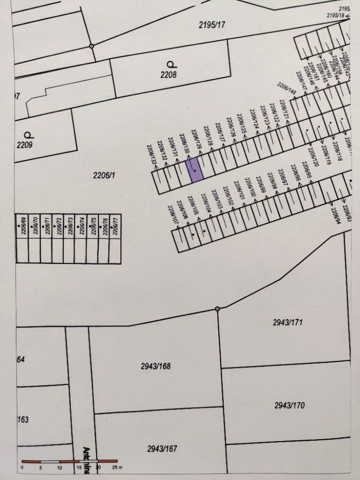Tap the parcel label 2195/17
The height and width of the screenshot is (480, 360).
click(212, 24)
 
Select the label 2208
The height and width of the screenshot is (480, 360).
click(168, 74)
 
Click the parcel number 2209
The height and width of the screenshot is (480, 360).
click(24, 144)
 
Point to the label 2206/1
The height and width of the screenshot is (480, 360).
click(104, 176)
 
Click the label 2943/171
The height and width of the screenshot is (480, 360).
click(288, 323)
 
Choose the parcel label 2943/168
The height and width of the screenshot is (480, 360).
click(156, 366)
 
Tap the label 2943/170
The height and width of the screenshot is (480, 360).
click(289, 406)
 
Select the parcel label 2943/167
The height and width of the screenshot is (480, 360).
click(162, 449)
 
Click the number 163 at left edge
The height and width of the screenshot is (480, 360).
click(23, 420)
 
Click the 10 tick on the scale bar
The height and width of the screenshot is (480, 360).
click(60, 467)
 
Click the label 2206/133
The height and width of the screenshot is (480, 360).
click(153, 155)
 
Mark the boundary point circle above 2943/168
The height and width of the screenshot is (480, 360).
click(217, 309)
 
